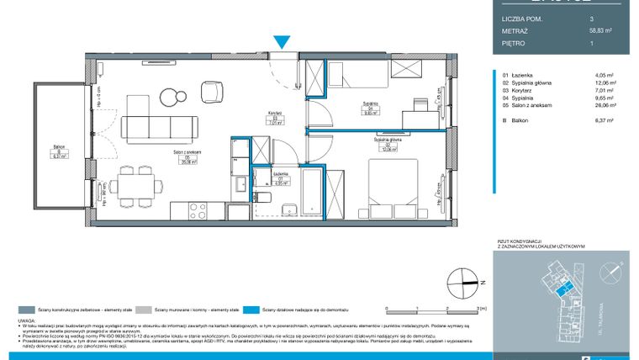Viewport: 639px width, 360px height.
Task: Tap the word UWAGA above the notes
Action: [x=36, y=320]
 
